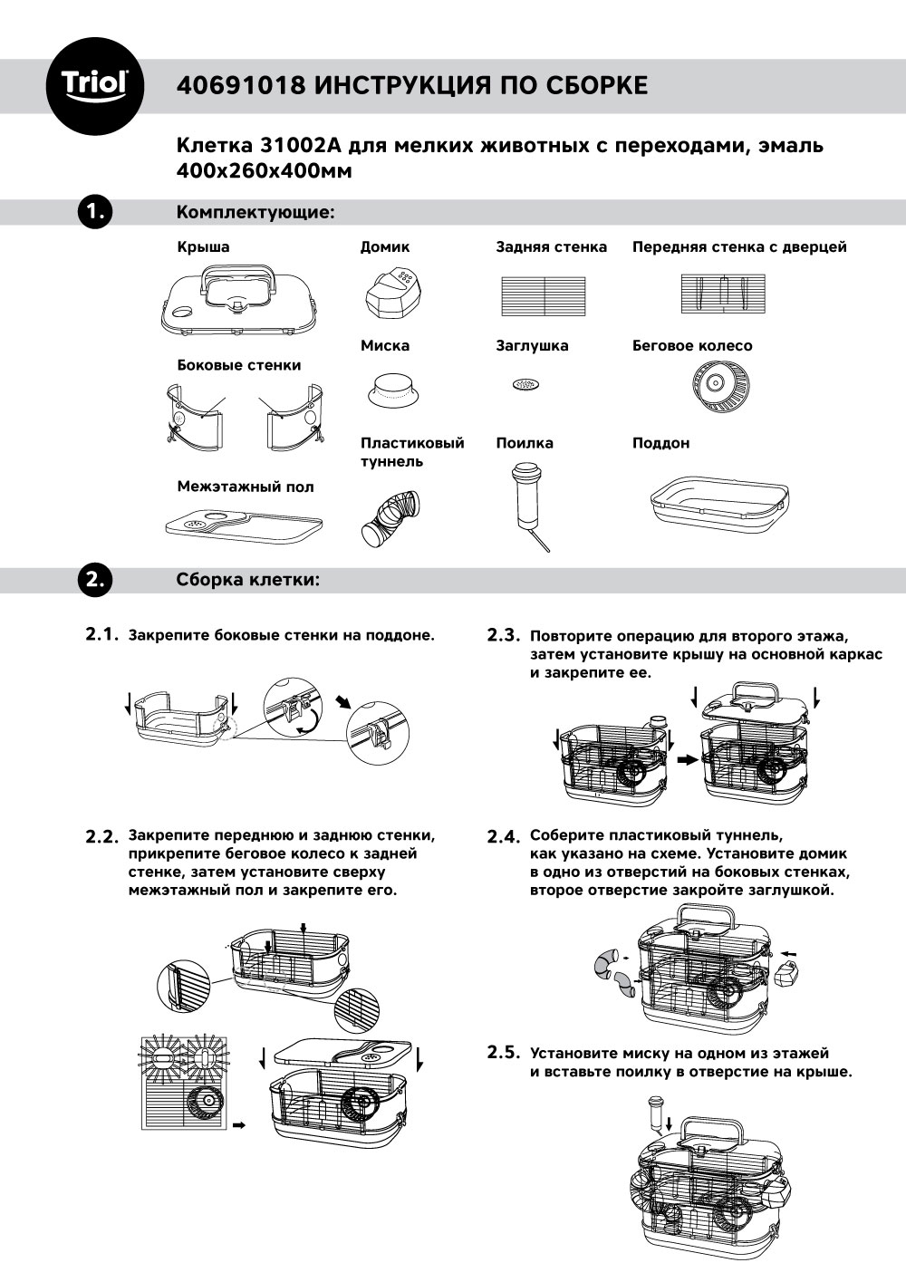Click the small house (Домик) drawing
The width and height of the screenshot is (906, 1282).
click(x=394, y=290)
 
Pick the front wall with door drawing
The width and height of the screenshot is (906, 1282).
click(x=724, y=294)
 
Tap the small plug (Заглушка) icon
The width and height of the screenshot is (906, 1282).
click(x=524, y=384)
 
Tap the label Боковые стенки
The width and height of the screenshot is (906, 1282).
click(x=239, y=365)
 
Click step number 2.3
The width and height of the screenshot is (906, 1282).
click(x=505, y=635)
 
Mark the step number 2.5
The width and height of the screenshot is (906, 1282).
click(x=505, y=1053)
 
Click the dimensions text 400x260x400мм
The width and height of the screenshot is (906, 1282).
click(x=264, y=170)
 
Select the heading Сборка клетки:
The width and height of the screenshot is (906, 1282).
click(x=248, y=580)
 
